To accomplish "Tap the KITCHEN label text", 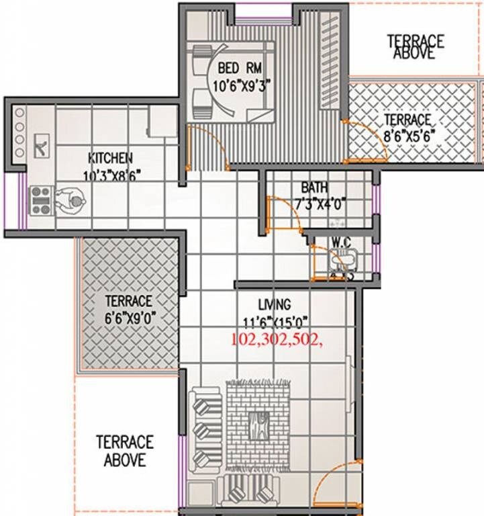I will [x=110, y=159].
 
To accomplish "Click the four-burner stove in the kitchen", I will [x=41, y=200].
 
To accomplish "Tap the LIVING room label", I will [x=275, y=304].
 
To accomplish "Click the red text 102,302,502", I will [x=277, y=339].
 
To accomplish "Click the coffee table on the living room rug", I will [x=258, y=424].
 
